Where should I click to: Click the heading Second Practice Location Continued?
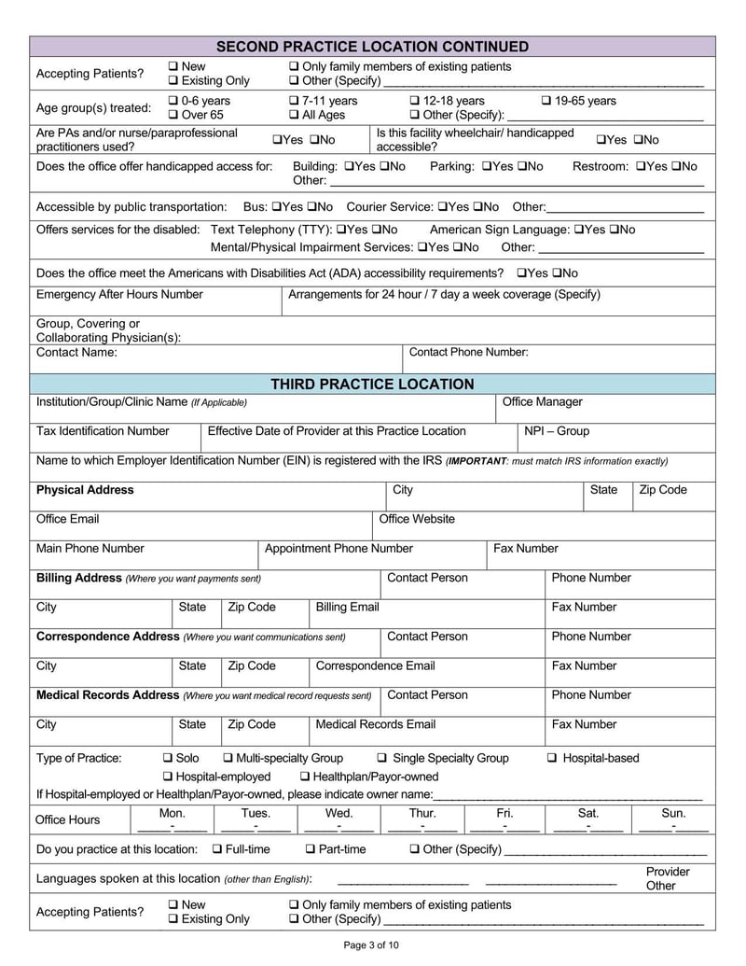pos(372,47)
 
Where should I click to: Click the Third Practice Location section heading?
pos(372,384)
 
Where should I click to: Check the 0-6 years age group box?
pos(173,101)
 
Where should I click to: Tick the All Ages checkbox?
pos(295,115)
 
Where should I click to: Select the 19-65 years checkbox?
pos(546,101)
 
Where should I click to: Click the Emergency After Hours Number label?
pos(119,294)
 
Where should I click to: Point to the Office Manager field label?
pos(542,402)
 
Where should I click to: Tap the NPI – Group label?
pos(556,431)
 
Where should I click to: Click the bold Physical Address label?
pos(85,490)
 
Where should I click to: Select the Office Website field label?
pos(417,519)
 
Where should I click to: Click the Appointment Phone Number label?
pos(338,549)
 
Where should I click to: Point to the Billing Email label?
pos(347,607)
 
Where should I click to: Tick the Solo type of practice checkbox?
pos(169,758)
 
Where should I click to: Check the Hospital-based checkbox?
pos(552,758)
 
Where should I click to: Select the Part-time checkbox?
pos(311,849)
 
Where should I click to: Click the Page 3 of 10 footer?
pos(372,945)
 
